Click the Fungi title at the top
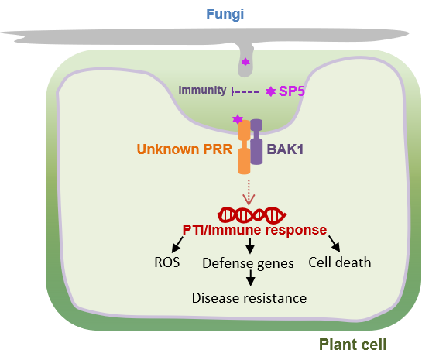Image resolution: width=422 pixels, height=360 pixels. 225,14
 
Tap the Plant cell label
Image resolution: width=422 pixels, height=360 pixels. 352,345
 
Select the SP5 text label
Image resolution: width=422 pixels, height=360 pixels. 292,91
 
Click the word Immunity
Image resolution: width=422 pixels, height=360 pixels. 202,90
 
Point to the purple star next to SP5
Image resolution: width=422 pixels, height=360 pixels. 271,91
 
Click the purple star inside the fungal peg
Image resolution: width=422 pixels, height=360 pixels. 245,62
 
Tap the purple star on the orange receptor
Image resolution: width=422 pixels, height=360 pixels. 238,119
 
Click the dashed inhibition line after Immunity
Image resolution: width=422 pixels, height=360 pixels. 245,92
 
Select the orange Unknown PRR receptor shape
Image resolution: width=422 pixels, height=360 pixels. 244,147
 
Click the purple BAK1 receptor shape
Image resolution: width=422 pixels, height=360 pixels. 256,142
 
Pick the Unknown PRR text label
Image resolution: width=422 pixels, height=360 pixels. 184,149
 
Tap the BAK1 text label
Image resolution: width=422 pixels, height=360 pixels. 285,149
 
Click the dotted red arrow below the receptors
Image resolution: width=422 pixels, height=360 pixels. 249,192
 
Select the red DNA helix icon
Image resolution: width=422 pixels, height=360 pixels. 252,215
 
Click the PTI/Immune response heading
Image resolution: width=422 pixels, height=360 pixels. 255,230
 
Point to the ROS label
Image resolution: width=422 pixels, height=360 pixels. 166,262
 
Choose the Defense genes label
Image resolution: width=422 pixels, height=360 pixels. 248,263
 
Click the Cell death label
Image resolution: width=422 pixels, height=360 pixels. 340,262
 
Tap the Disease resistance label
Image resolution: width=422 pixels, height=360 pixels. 249,298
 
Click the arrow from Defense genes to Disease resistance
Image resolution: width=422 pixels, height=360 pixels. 251,278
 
